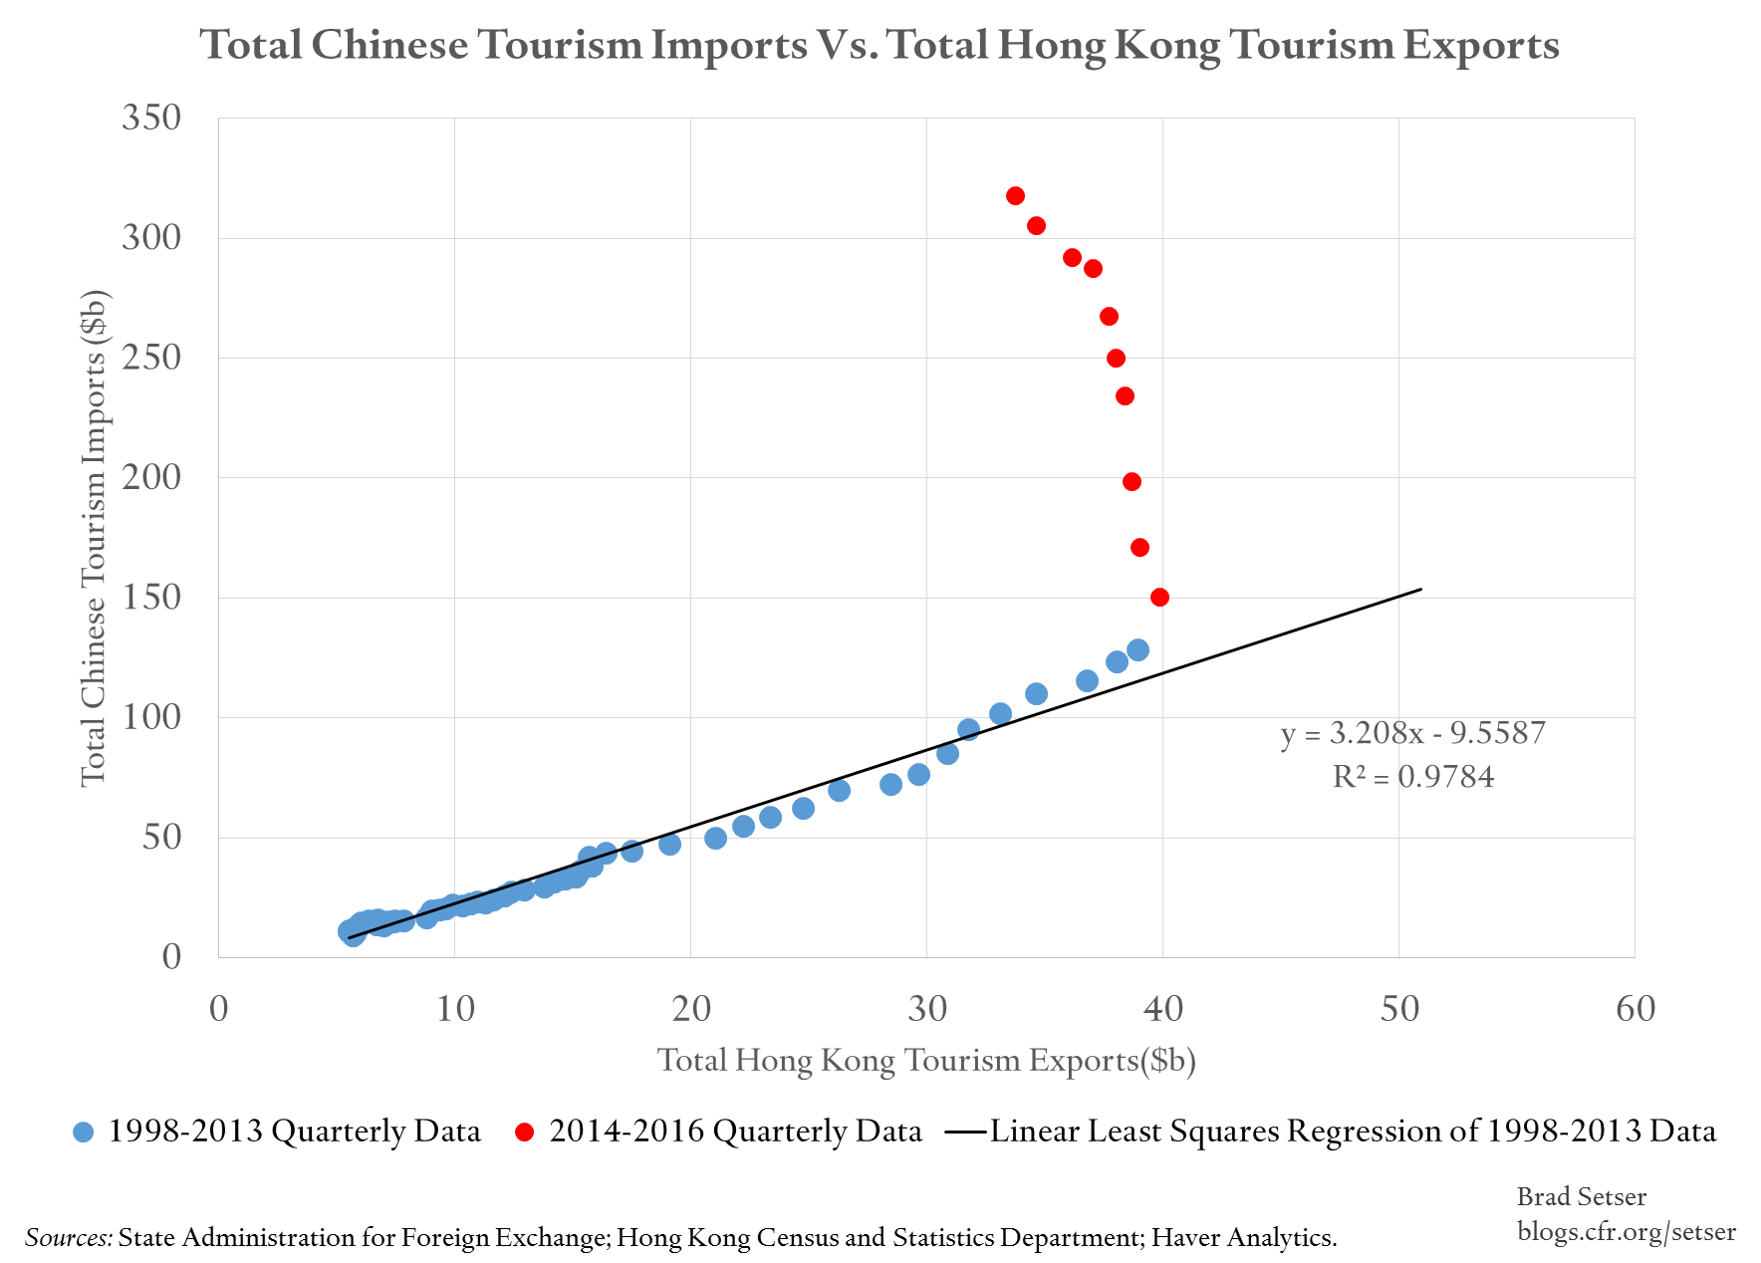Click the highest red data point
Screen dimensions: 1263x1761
pyautogui.click(x=1015, y=195)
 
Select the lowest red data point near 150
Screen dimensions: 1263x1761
pyautogui.click(x=1159, y=598)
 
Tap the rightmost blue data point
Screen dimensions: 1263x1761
pyautogui.click(x=1137, y=649)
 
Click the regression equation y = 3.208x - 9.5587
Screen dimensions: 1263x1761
pyautogui.click(x=1412, y=733)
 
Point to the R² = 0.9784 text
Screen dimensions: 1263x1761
pyautogui.click(x=1412, y=777)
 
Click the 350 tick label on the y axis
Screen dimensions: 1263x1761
pyautogui.click(x=151, y=118)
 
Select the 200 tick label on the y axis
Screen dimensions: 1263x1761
pyautogui.click(x=151, y=477)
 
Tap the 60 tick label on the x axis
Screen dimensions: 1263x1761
pyautogui.click(x=1635, y=1009)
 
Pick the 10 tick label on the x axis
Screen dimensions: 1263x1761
pyautogui.click(x=455, y=1009)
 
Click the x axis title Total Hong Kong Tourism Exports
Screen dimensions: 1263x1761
pyautogui.click(x=925, y=1060)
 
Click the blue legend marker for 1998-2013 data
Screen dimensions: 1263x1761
pyautogui.click(x=84, y=1133)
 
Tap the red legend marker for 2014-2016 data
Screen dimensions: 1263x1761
pyautogui.click(x=525, y=1133)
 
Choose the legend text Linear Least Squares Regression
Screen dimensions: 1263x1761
pyautogui.click(x=1352, y=1132)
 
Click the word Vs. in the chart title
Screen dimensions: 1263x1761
pyautogui.click(x=847, y=45)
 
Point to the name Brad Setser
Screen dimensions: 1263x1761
pyautogui.click(x=1581, y=1196)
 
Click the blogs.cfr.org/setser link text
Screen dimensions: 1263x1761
pyautogui.click(x=1626, y=1232)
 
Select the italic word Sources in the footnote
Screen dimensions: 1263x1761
pyautogui.click(x=69, y=1238)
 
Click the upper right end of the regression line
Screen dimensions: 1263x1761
pyautogui.click(x=1419, y=590)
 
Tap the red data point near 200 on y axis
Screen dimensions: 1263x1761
pyautogui.click(x=1132, y=482)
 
